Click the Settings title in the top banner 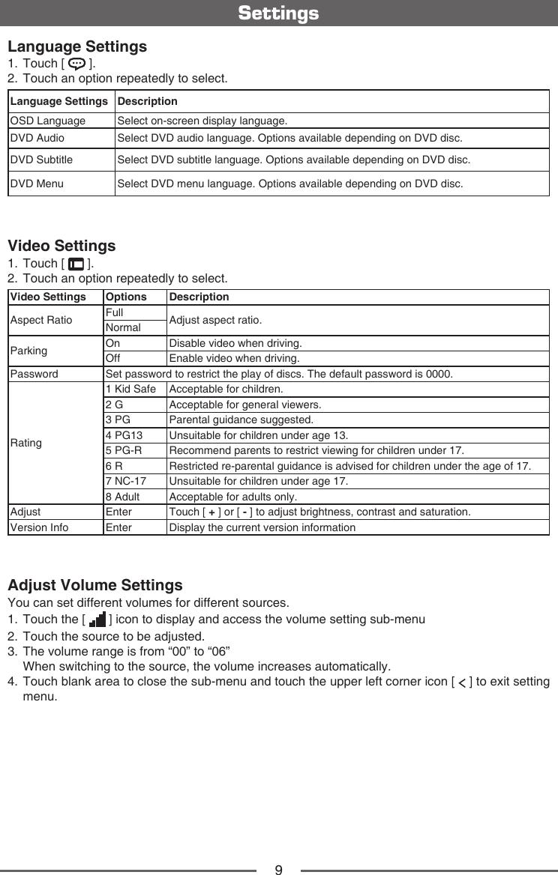coord(278,13)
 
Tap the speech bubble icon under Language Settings coord(76,63)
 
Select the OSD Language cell coord(47,121)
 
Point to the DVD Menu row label coord(37,183)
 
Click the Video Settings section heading coord(61,246)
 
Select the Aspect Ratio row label coord(41,320)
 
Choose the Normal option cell coord(123,328)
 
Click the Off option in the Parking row coord(114,358)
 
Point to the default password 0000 coord(439,374)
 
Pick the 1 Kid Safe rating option coord(131,390)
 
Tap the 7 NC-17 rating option coord(126,481)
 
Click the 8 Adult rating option coord(123,497)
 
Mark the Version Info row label coord(39,527)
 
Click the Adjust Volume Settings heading coord(94,584)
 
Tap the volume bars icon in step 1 coord(97,620)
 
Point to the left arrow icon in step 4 coord(462,681)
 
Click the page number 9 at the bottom coord(278,870)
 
